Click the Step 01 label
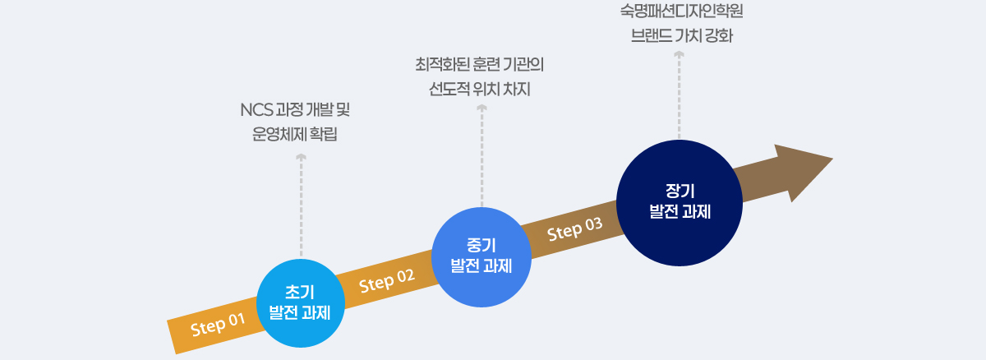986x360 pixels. [x=219, y=325]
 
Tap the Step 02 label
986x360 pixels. [x=387, y=281]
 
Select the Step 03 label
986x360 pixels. [x=575, y=228]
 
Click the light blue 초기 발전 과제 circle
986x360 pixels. [x=300, y=302]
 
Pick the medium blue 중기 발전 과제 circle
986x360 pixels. [x=481, y=254]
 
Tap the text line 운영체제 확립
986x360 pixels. [x=295, y=134]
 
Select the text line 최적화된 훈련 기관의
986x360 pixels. [x=481, y=63]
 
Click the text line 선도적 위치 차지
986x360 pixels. [x=481, y=88]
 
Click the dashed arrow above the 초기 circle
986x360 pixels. [x=301, y=205]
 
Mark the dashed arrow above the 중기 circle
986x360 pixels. [x=481, y=156]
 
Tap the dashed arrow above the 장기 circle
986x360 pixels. [x=679, y=94]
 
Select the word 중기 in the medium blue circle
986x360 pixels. [x=481, y=244]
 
